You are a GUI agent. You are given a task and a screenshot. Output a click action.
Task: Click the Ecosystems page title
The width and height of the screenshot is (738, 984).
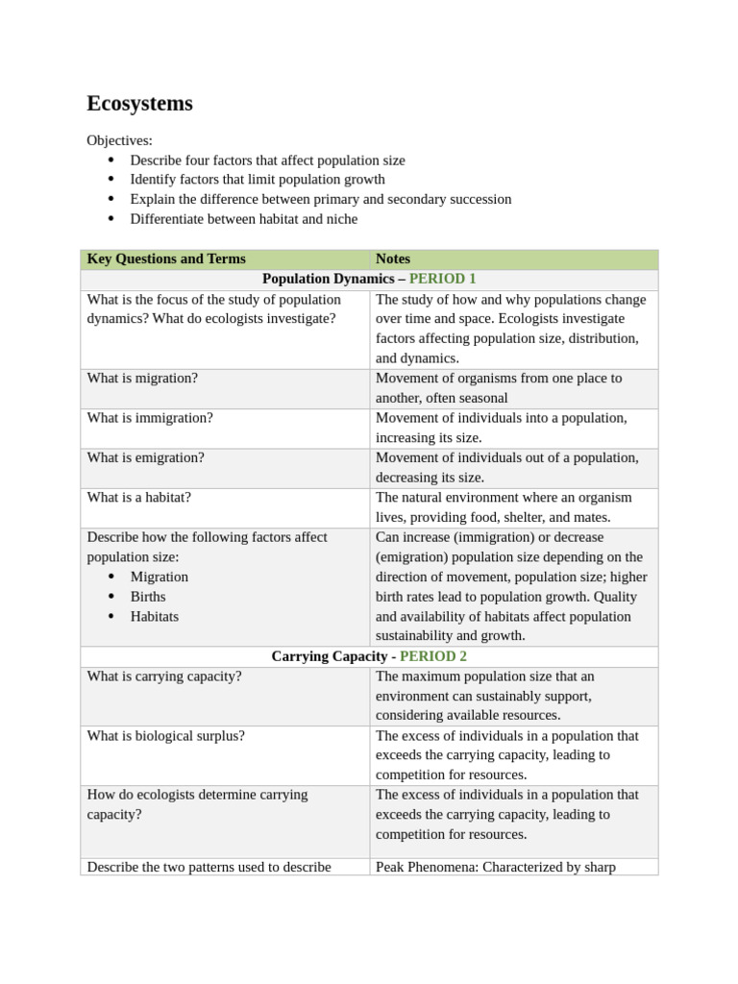pyautogui.click(x=139, y=104)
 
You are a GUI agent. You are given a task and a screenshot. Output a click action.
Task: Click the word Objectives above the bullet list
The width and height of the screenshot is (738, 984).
pyautogui.click(x=119, y=140)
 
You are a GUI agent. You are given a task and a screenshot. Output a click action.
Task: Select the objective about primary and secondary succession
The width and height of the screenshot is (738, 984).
pyautogui.click(x=320, y=199)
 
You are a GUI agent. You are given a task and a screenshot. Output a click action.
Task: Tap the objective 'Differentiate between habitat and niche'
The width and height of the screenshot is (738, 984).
pyautogui.click(x=243, y=219)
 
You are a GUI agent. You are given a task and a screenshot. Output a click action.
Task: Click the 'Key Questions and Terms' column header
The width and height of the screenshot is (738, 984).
pyautogui.click(x=165, y=258)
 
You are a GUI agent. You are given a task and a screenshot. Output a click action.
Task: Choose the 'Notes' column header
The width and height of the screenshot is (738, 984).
pyautogui.click(x=393, y=258)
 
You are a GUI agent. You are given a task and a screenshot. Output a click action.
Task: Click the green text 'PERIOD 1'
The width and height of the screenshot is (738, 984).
pyautogui.click(x=442, y=279)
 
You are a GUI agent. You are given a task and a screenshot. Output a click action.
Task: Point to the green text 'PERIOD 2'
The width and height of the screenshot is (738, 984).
pyautogui.click(x=433, y=656)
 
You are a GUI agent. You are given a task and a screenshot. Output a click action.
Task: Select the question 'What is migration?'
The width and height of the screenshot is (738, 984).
pyautogui.click(x=142, y=378)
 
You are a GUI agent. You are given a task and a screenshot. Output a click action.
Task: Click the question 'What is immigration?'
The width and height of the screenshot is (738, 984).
pyautogui.click(x=150, y=418)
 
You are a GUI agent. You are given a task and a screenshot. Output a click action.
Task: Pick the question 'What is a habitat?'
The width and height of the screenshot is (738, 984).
pyautogui.click(x=138, y=497)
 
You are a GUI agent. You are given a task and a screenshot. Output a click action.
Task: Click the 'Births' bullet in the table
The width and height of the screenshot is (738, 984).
pyautogui.click(x=148, y=597)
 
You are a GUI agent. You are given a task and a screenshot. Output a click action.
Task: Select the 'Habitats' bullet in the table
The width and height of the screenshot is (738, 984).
pyautogui.click(x=154, y=616)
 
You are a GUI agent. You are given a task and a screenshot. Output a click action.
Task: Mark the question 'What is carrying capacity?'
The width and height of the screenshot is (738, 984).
pyautogui.click(x=164, y=676)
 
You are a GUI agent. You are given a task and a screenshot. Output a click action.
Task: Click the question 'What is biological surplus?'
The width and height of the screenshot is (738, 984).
pyautogui.click(x=165, y=735)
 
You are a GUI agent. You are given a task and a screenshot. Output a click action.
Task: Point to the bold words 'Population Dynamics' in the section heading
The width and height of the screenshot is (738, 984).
pyautogui.click(x=327, y=279)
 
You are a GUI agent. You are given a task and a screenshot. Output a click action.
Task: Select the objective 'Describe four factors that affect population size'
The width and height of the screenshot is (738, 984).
pyautogui.click(x=267, y=160)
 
